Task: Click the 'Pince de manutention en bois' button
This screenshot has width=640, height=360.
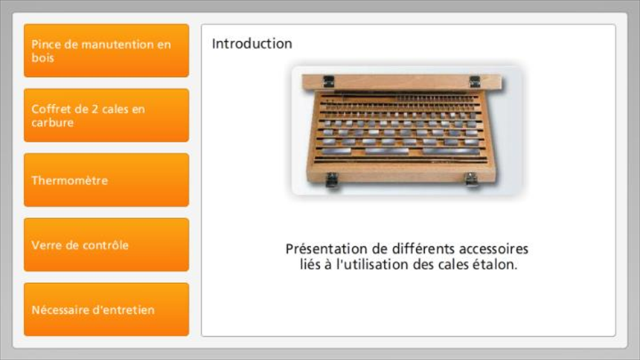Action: (106, 51)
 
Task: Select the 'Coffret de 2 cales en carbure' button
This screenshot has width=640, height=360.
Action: (106, 115)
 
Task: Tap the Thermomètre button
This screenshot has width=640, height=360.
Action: (106, 180)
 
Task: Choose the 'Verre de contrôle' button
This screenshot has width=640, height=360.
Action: (106, 245)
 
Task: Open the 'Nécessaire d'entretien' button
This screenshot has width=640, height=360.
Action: (106, 309)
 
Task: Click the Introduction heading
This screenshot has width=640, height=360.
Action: (252, 44)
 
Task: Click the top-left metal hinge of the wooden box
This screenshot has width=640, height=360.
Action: (329, 81)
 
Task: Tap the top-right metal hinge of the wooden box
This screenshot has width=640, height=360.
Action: (475, 81)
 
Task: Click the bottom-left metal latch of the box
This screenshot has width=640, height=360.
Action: (332, 179)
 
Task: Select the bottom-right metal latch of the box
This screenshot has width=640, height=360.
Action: (471, 179)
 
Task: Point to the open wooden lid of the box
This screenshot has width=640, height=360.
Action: (402, 82)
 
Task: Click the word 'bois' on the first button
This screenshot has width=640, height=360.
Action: (43, 57)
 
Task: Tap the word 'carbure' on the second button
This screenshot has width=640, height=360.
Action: (53, 123)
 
